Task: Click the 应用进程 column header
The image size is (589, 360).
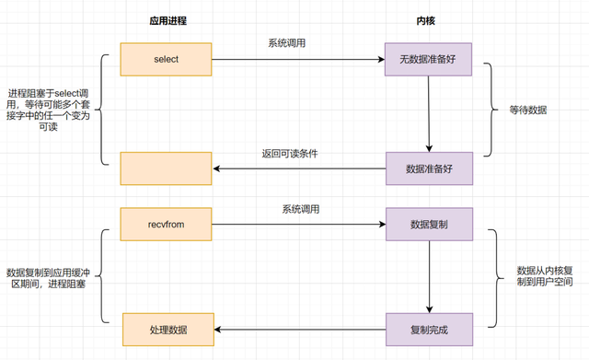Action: click(166, 21)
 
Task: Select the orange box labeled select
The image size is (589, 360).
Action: click(167, 61)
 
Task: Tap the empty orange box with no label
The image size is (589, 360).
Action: click(167, 168)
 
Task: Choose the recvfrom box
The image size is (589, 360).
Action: click(167, 223)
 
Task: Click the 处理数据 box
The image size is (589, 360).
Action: click(167, 329)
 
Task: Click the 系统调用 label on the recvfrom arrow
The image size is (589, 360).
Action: click(300, 210)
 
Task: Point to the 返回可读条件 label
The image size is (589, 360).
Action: click(293, 154)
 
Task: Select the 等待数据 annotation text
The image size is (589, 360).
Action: click(528, 110)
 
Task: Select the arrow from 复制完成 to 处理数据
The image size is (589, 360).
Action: click(299, 329)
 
